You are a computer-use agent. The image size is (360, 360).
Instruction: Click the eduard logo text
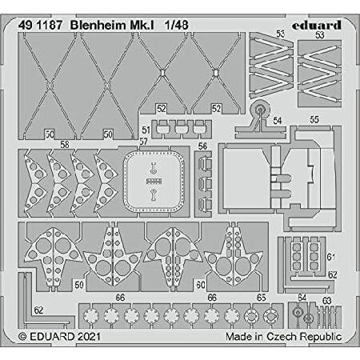(317, 25)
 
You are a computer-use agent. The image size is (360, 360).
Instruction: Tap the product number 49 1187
(40, 25)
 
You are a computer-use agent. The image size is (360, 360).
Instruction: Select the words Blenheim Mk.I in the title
(112, 25)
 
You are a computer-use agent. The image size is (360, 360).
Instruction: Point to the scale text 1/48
(176, 25)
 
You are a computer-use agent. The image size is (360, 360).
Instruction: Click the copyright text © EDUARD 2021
(59, 336)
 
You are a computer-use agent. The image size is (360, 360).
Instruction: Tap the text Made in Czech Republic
(284, 336)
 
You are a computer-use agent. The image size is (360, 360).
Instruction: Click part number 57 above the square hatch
(143, 142)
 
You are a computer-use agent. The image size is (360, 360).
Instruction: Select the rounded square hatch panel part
(154, 182)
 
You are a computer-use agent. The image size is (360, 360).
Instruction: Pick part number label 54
(278, 121)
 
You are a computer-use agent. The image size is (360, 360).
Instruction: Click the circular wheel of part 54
(260, 109)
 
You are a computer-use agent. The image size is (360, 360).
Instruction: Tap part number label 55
(314, 120)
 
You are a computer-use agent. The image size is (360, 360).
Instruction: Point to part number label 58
(65, 144)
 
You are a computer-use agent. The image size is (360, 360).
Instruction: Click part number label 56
(202, 146)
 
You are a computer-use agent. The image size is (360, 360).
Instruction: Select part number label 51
(146, 130)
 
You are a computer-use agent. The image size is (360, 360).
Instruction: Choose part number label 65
(262, 298)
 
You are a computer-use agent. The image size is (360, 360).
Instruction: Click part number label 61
(331, 257)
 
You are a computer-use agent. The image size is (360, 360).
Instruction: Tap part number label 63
(326, 301)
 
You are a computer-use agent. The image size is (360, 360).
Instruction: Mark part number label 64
(302, 298)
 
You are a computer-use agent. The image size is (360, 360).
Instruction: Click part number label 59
(79, 285)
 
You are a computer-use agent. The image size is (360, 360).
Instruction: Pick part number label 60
(201, 285)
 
